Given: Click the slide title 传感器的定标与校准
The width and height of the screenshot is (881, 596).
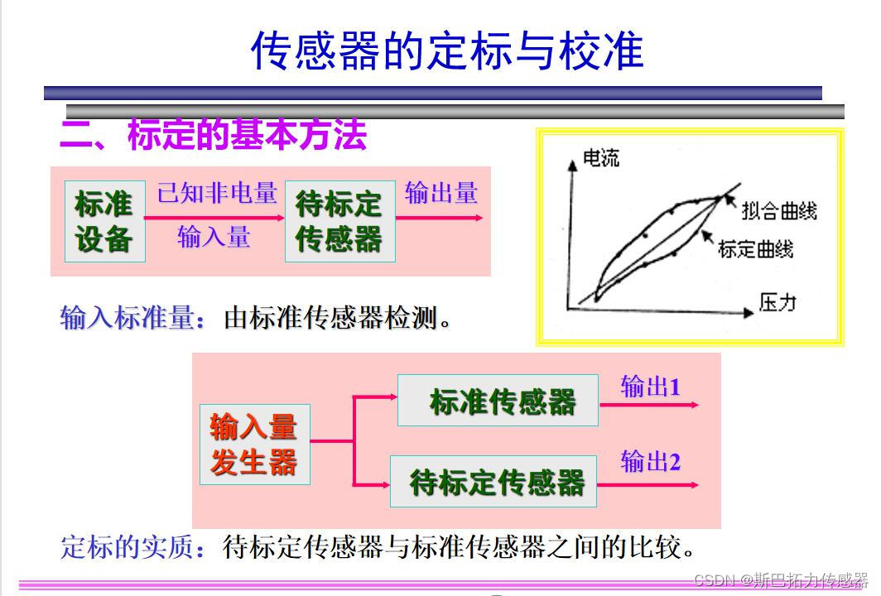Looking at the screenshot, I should click(447, 51).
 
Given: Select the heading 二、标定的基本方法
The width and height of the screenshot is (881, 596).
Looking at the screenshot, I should click(214, 136).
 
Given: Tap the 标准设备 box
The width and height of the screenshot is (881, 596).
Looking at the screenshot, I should click(104, 222).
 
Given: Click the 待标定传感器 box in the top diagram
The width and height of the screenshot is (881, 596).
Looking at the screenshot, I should click(339, 222).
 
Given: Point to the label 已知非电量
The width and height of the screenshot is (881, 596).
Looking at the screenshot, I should click(217, 193).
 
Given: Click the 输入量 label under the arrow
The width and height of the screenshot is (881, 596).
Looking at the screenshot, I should click(214, 238).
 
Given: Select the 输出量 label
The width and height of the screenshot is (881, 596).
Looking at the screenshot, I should click(441, 193).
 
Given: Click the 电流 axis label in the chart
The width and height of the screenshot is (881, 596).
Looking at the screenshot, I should click(601, 157).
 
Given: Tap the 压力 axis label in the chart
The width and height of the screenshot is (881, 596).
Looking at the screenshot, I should click(777, 302).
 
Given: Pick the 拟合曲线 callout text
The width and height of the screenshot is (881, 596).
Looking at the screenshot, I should click(779, 210).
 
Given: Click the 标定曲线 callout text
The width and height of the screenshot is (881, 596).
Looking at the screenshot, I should click(755, 248).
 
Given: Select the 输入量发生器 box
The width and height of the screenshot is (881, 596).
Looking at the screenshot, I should click(254, 445).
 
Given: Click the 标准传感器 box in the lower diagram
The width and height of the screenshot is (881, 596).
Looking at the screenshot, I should click(498, 401).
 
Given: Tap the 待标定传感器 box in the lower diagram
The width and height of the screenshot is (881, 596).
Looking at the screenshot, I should click(493, 482).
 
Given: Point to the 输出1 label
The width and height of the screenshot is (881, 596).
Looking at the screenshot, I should click(650, 387).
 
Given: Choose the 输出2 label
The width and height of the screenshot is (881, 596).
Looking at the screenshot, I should click(650, 462).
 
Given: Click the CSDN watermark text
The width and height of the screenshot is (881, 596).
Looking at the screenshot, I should click(780, 579).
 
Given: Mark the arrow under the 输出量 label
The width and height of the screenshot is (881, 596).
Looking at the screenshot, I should click(439, 218).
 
